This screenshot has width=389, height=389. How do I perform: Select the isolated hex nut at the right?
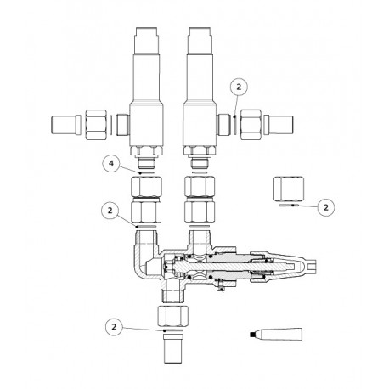click(290, 187)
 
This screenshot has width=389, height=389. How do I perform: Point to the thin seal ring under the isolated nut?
click(289, 206)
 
